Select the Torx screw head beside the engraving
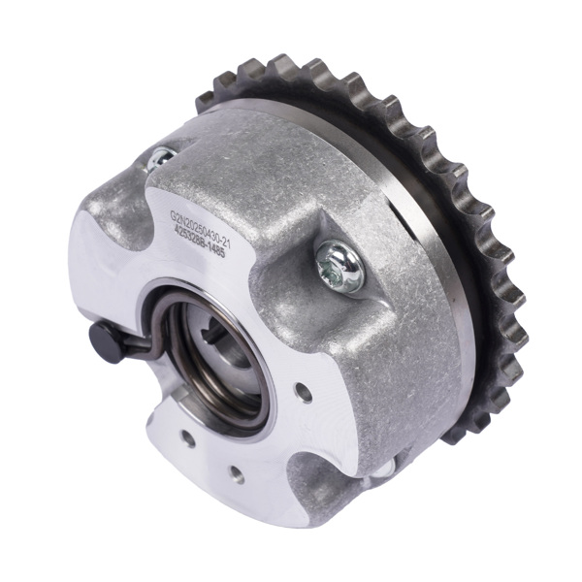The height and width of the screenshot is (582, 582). tap(339, 266)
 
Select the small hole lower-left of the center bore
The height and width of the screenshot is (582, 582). tap(187, 437)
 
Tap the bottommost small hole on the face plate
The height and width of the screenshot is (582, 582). tap(234, 474)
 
